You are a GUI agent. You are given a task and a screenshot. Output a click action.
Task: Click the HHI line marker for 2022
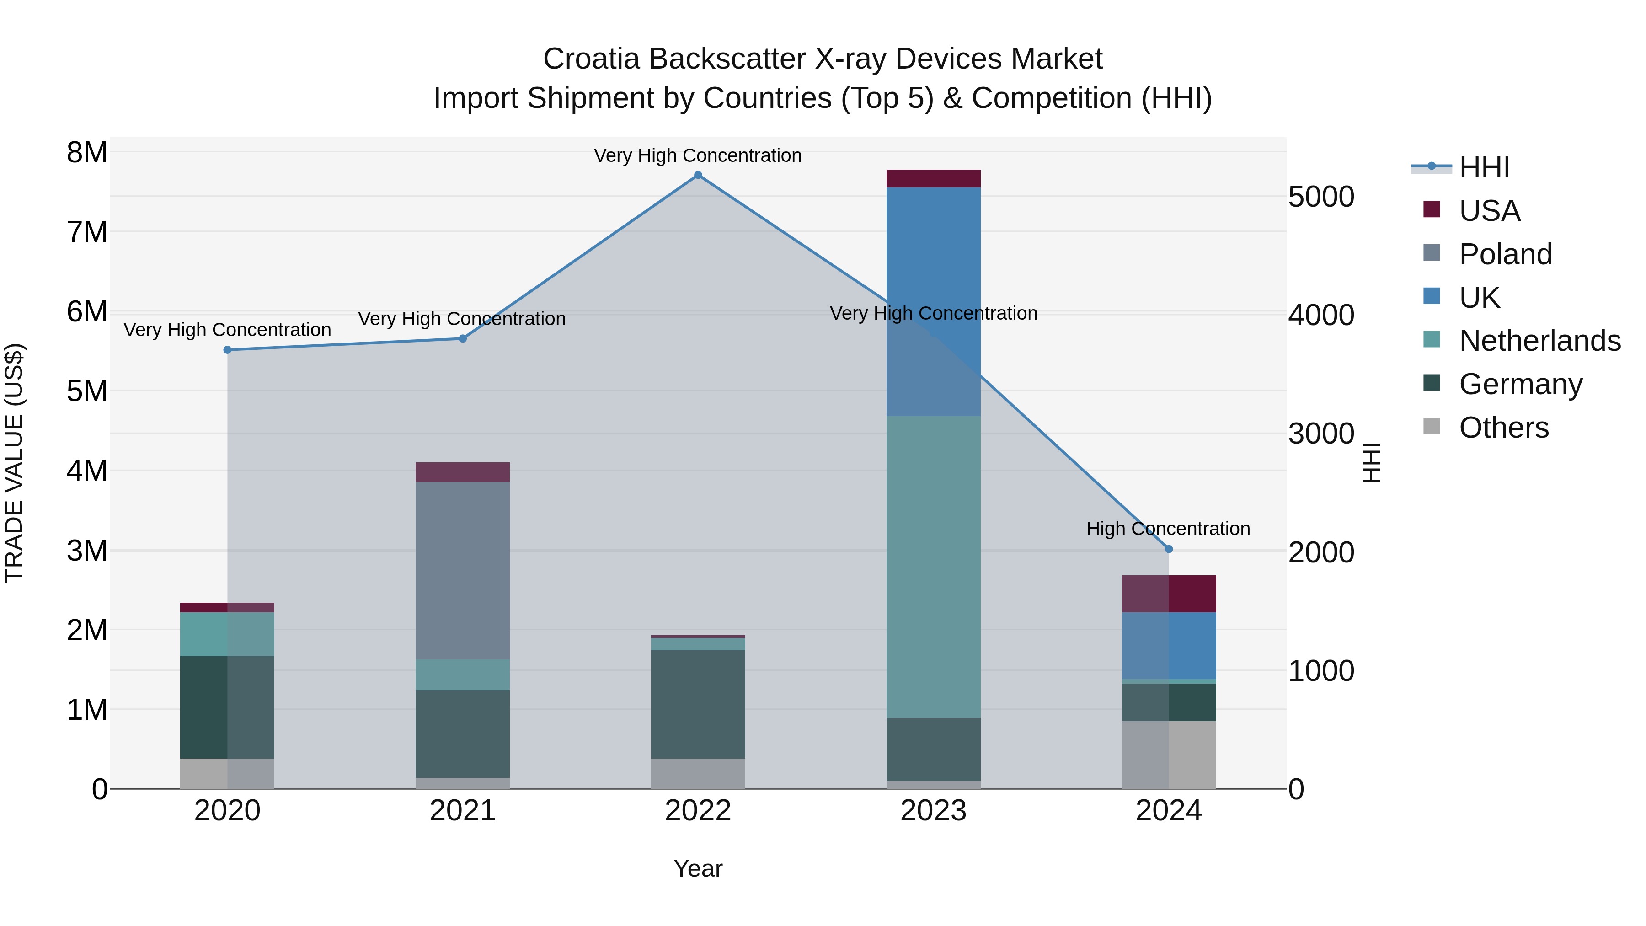tap(698, 175)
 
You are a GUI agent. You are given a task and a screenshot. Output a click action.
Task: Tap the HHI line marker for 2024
tap(1169, 549)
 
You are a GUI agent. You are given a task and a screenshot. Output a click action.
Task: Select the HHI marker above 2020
tap(228, 350)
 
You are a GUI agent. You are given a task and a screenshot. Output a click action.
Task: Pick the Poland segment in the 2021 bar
tap(463, 570)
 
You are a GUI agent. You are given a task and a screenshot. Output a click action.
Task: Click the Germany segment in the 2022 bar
tap(698, 704)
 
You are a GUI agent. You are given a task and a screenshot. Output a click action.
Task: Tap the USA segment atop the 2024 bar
tap(1169, 594)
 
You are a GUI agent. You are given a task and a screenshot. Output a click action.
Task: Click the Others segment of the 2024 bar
tap(1169, 755)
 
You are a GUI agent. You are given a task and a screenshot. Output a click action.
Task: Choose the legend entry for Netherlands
tap(1539, 341)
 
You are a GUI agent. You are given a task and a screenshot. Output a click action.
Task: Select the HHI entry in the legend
tap(1484, 167)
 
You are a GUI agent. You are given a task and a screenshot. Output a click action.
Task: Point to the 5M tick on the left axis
tap(87, 391)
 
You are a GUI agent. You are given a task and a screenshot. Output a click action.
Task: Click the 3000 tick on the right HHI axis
tap(1320, 434)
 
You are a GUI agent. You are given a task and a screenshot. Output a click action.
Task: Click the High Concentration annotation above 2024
tap(1168, 529)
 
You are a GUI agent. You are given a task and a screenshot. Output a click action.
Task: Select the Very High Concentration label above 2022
tap(698, 155)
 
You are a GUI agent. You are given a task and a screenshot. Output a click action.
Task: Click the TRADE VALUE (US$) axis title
tap(14, 463)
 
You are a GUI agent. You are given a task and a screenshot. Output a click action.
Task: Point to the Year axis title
tap(698, 868)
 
